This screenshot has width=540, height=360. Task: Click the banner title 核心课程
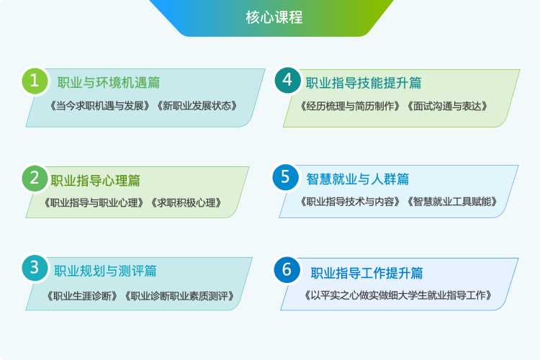tap(274, 17)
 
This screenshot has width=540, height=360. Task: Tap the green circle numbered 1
tap(35, 81)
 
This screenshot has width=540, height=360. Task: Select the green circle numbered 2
tap(35, 179)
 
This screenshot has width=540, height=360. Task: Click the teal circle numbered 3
tap(35, 268)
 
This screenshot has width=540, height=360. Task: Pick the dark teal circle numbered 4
tap(287, 80)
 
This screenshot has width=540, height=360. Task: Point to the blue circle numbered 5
tap(285, 177)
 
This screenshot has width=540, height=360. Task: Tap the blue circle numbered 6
tap(287, 270)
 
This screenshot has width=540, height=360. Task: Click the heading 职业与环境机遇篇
tap(109, 83)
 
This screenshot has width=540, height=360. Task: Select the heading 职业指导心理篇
tap(95, 181)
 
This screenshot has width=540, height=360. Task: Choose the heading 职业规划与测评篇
tap(105, 271)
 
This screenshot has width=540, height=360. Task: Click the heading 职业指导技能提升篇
tap(364, 83)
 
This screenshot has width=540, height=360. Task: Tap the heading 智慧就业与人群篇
tap(357, 179)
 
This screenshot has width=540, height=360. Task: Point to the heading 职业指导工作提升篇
tap(366, 273)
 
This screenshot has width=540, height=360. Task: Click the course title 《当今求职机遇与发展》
tap(100, 106)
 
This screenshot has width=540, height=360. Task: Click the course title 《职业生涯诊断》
tap(82, 296)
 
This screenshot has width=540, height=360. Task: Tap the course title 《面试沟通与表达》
tap(447, 106)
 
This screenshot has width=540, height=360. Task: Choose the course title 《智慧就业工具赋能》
tap(452, 202)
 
